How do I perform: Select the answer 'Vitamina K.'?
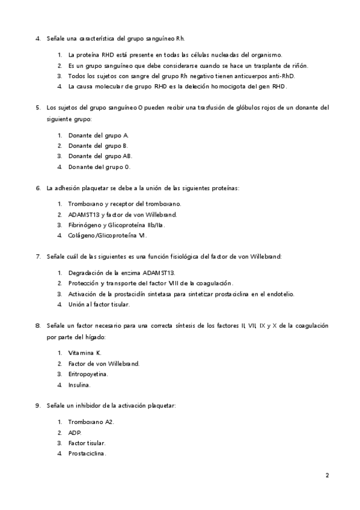click(x=84, y=352)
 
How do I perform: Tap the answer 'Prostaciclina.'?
click(x=87, y=453)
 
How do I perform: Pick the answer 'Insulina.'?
click(x=80, y=384)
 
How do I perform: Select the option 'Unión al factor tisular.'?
click(x=99, y=304)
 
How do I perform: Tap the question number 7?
click(x=38, y=257)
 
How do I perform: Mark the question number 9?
click(x=38, y=407)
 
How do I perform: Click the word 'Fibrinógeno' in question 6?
click(x=85, y=225)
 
